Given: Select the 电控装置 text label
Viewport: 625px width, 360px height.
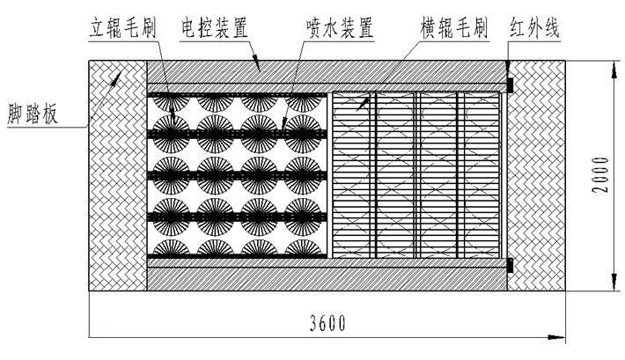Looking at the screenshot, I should click(x=211, y=27).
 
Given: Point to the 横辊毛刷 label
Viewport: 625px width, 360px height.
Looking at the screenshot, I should click(x=454, y=27).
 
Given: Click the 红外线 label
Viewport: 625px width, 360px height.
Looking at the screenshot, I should click(x=536, y=27).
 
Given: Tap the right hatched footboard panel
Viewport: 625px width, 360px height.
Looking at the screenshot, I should click(x=537, y=175).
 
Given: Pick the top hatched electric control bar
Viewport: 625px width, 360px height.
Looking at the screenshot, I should click(x=326, y=71).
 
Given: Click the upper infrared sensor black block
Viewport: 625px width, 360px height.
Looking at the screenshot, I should click(x=510, y=85).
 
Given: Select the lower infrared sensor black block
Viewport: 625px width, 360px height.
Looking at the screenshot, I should click(x=510, y=264).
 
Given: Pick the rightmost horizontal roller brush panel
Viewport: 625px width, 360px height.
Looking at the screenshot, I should click(x=482, y=175).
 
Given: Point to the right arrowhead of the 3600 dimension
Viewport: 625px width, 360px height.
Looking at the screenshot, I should click(x=556, y=337).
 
